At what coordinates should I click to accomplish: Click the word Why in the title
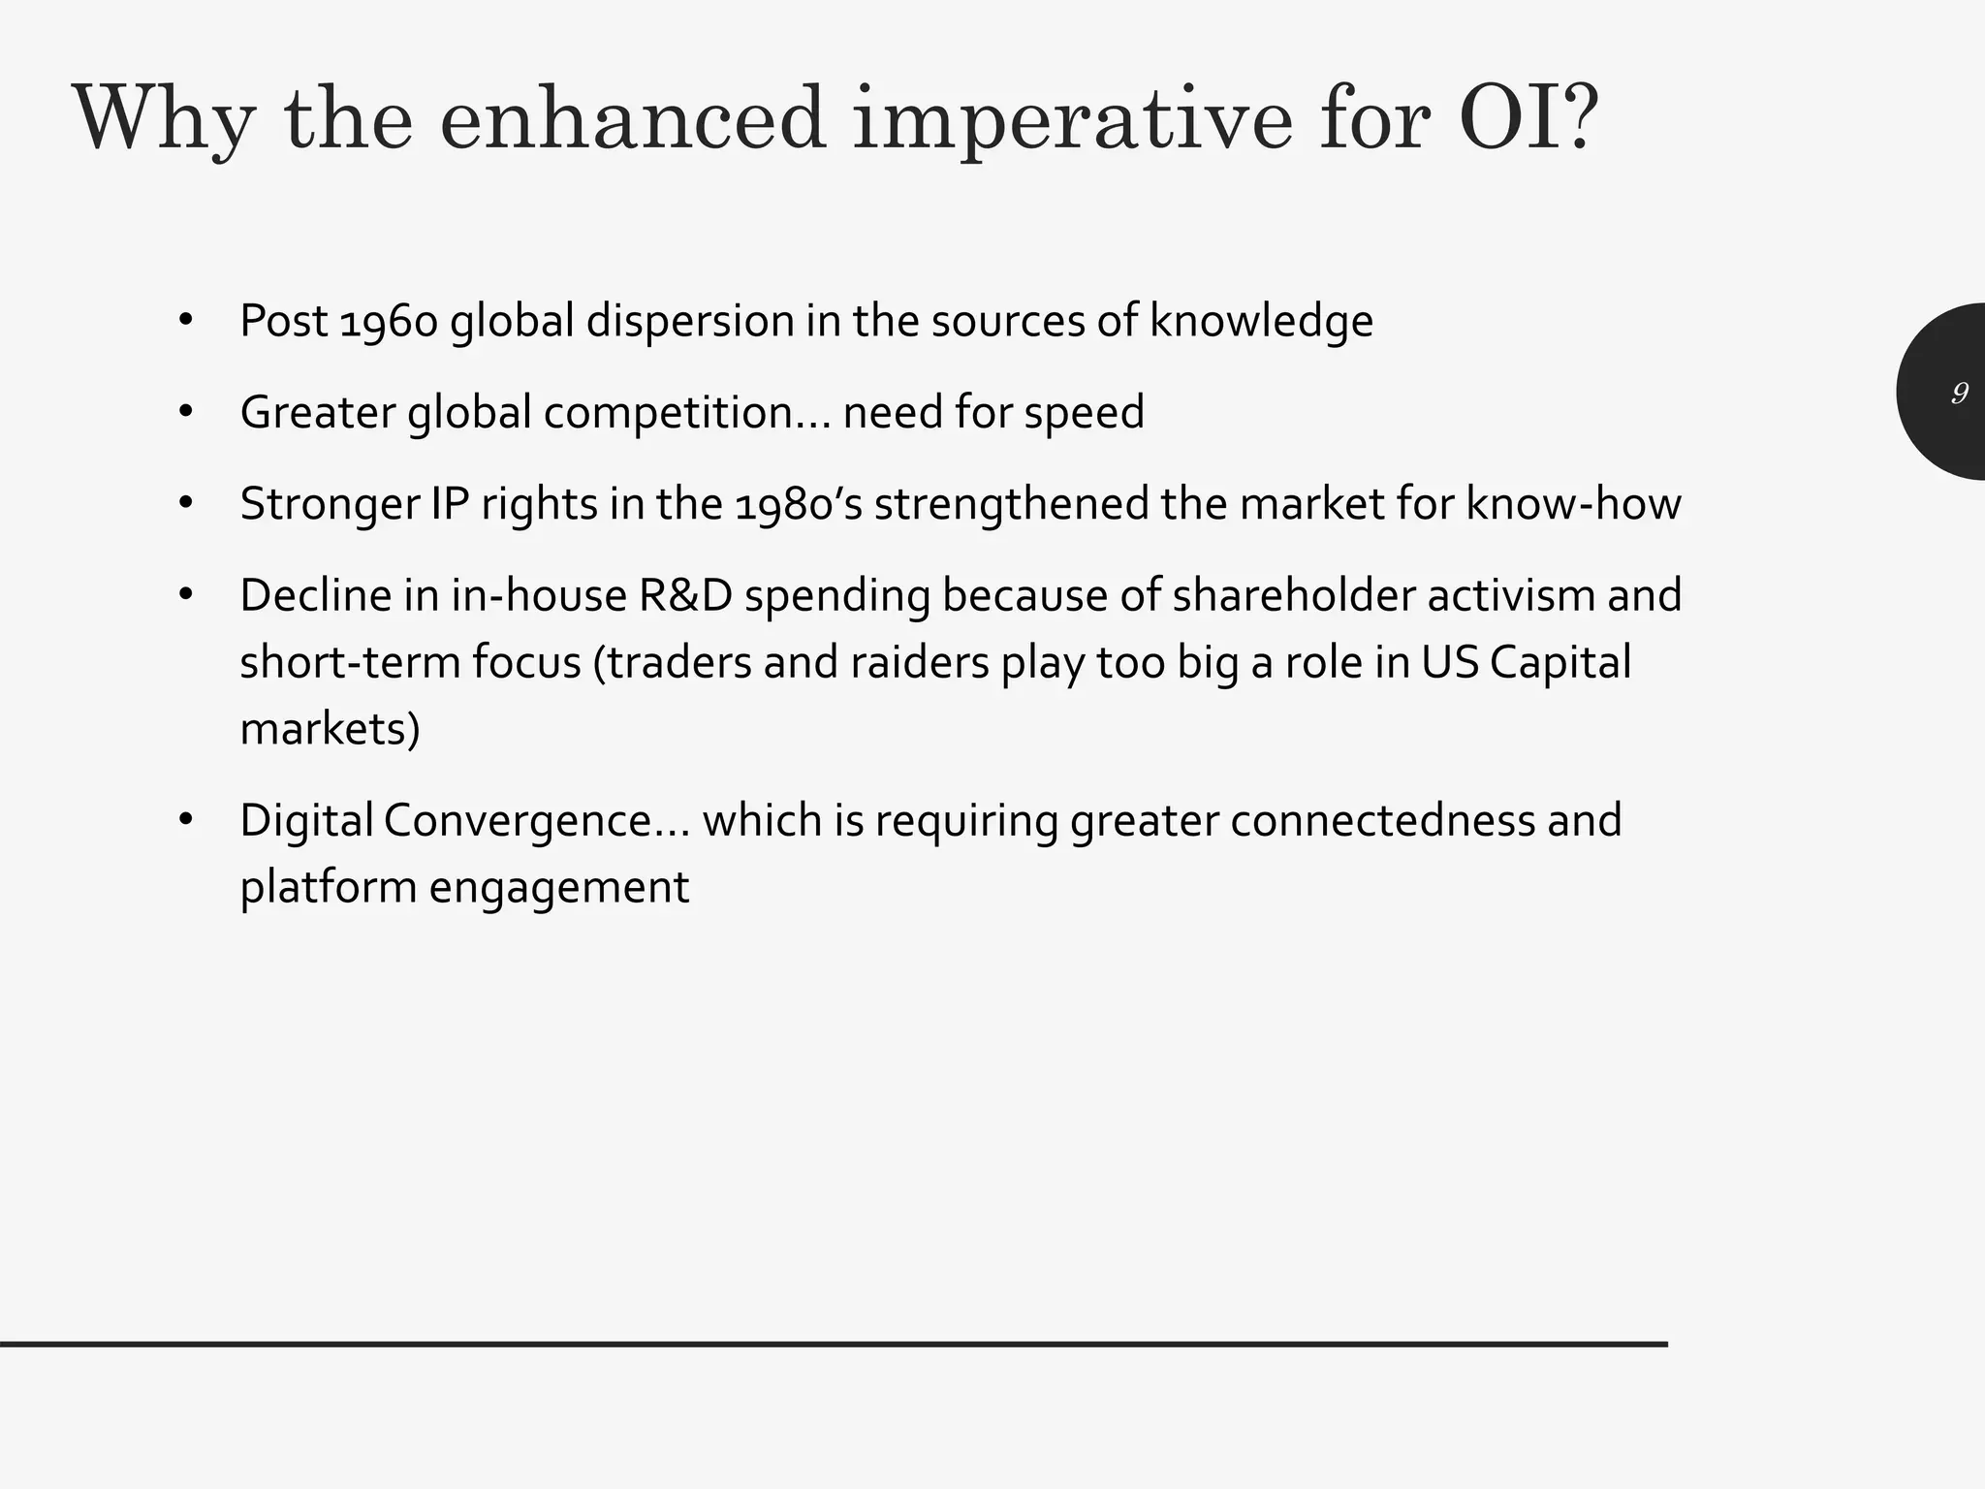164,120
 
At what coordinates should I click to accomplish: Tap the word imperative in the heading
1072,120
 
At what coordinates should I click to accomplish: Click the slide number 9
1959,393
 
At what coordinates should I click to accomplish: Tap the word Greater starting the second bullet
318,413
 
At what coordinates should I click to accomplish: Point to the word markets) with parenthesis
330,729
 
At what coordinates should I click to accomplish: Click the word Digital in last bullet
306,820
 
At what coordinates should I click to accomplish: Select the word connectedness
1383,820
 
